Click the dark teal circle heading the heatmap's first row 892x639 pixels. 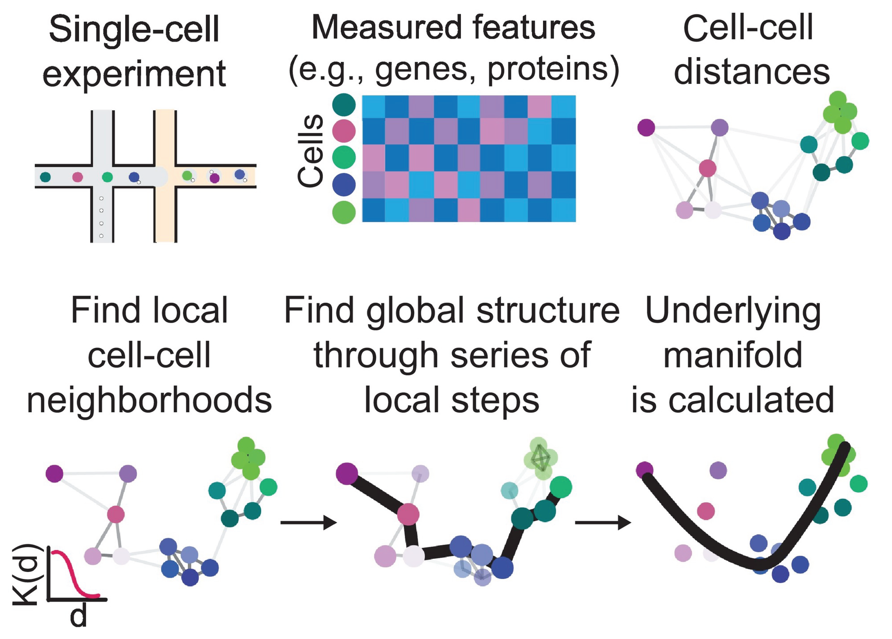344,105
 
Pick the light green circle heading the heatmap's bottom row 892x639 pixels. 344,212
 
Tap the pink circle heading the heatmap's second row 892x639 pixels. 344,131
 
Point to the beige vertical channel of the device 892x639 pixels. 165,212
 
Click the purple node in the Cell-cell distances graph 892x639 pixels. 646,127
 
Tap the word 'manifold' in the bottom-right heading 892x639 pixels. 733,355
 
